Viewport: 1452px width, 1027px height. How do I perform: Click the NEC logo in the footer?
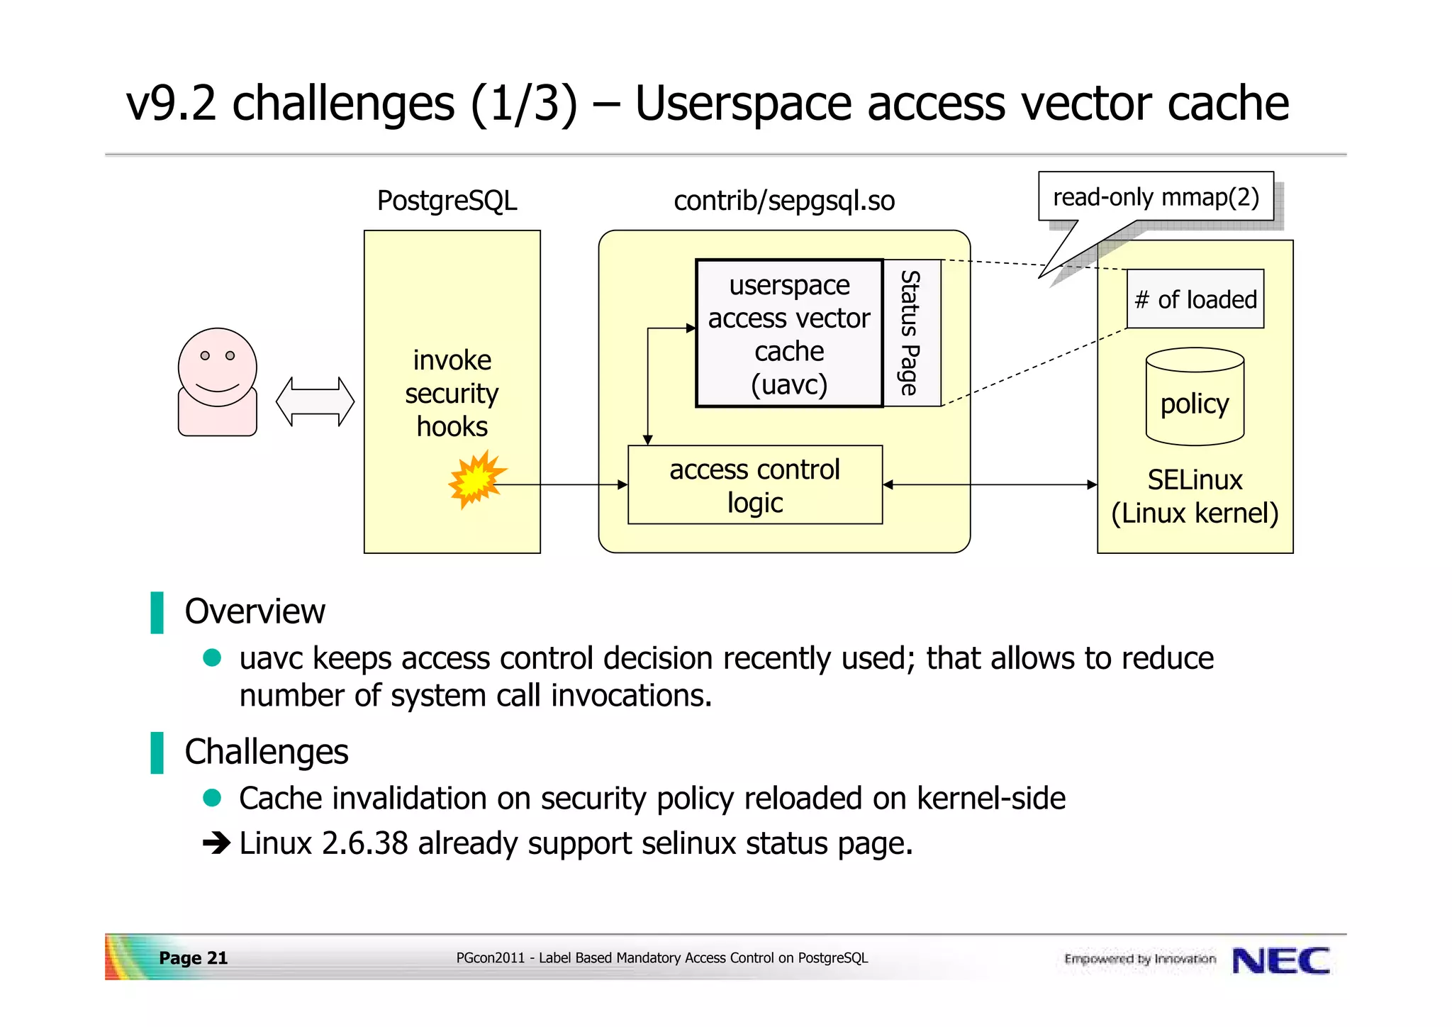pos(1280,961)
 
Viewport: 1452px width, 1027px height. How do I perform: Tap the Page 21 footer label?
pos(193,958)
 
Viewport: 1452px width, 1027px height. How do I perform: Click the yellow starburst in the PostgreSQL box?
pos(476,479)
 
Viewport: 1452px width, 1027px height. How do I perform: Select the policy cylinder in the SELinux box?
pos(1195,397)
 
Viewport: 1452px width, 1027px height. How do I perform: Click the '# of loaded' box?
pos(1195,299)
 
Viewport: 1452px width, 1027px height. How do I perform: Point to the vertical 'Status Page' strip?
pos(912,333)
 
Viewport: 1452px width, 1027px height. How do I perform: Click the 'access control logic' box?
pos(755,485)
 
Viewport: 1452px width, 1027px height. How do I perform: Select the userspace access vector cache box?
pos(789,333)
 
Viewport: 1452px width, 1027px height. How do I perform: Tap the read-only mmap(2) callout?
pos(1156,197)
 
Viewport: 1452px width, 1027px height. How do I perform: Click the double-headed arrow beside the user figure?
pos(315,401)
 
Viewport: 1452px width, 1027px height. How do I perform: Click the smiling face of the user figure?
pos(217,367)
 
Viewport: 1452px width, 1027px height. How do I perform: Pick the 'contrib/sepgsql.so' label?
pos(784,201)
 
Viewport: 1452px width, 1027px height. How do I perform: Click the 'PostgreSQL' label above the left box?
pos(447,201)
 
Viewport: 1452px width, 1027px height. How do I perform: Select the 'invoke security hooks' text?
pos(452,394)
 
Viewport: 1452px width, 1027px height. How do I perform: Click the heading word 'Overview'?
pos(255,611)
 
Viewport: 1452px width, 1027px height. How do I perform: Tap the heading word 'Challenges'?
pos(267,752)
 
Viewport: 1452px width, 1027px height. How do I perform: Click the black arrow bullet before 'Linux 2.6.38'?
pos(216,843)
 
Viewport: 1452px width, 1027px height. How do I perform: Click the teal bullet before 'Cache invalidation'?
pos(212,798)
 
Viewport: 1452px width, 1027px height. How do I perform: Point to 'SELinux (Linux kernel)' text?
pos(1195,496)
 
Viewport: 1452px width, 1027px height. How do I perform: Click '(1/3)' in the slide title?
pos(524,104)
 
